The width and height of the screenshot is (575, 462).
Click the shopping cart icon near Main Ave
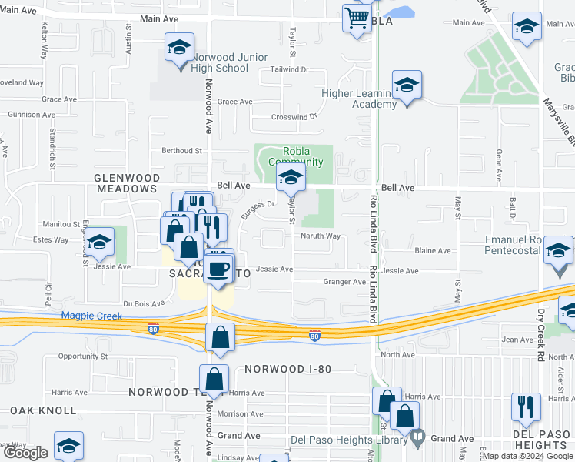(357, 18)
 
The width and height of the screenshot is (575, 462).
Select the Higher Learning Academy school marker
(407, 85)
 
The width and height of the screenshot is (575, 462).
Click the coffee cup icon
(218, 269)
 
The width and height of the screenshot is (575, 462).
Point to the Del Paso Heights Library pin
(417, 438)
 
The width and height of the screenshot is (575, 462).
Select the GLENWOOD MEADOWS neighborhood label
(126, 178)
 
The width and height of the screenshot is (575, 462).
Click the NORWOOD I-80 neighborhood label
(288, 369)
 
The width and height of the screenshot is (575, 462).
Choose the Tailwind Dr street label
(289, 69)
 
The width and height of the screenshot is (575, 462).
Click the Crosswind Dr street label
(294, 117)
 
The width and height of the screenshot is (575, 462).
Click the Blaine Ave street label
(433, 251)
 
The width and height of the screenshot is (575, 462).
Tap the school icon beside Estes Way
(98, 244)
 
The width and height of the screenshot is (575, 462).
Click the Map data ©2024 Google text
(527, 456)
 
